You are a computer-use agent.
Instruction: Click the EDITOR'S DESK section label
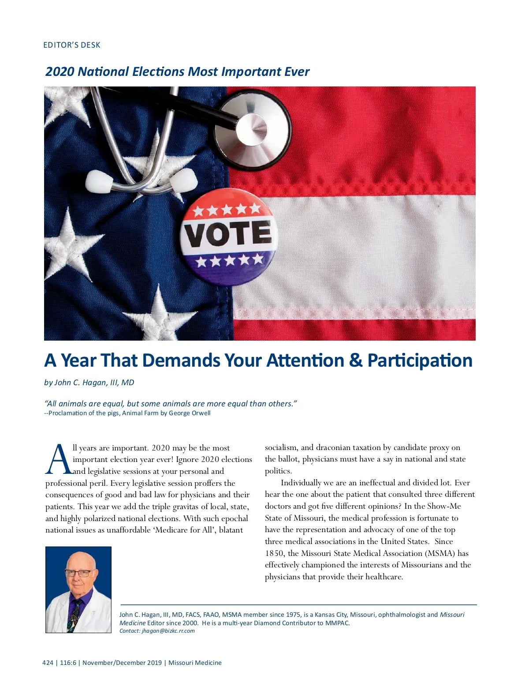click(71, 45)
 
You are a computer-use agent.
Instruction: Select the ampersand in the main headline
click(355, 360)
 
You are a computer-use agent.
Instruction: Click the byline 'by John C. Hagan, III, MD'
click(89, 383)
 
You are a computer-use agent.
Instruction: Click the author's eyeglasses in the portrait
click(78, 573)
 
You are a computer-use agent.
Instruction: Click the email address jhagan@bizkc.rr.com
click(168, 631)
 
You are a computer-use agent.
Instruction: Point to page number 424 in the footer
click(48, 663)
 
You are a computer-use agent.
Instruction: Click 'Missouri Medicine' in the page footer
click(195, 663)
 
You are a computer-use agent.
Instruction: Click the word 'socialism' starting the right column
click(282, 447)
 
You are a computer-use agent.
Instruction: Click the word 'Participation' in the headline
click(420, 360)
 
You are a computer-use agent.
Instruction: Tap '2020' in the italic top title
click(60, 71)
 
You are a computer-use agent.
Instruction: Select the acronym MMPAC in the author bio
click(337, 623)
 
